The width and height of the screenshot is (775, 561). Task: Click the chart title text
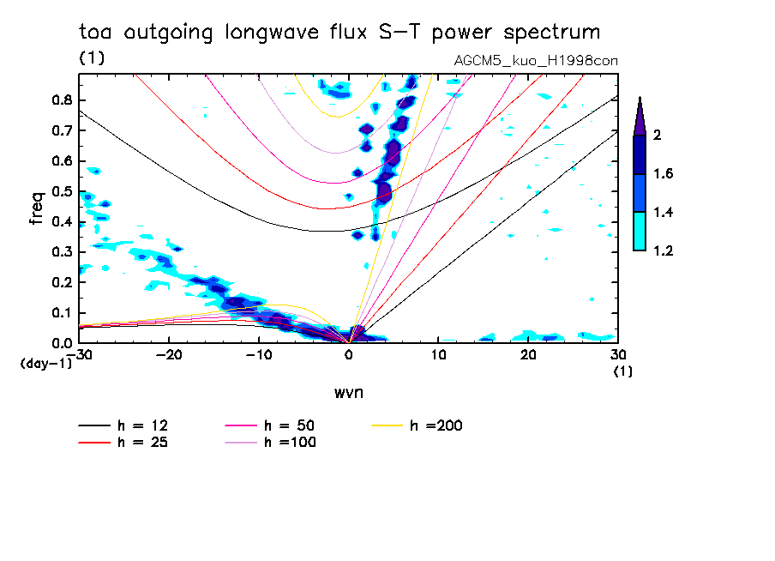tap(339, 33)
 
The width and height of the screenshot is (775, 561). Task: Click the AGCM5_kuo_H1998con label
tap(535, 61)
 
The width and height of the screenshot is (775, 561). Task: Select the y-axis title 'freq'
tap(36, 208)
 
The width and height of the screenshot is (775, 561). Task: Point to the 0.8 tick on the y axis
tap(61, 100)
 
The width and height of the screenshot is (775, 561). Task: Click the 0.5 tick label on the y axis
tap(61, 191)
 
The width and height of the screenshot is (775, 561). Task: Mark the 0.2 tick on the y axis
tap(61, 282)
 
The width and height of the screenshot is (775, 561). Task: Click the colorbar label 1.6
tap(663, 174)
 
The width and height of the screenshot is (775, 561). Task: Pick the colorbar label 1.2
tap(663, 250)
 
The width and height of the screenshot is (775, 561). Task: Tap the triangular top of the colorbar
tap(640, 117)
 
